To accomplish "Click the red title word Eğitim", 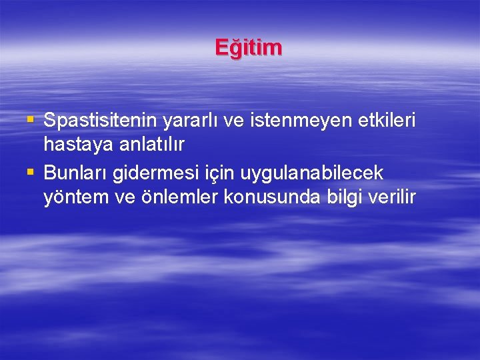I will [x=249, y=48].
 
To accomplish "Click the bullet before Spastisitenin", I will [x=29, y=121].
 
